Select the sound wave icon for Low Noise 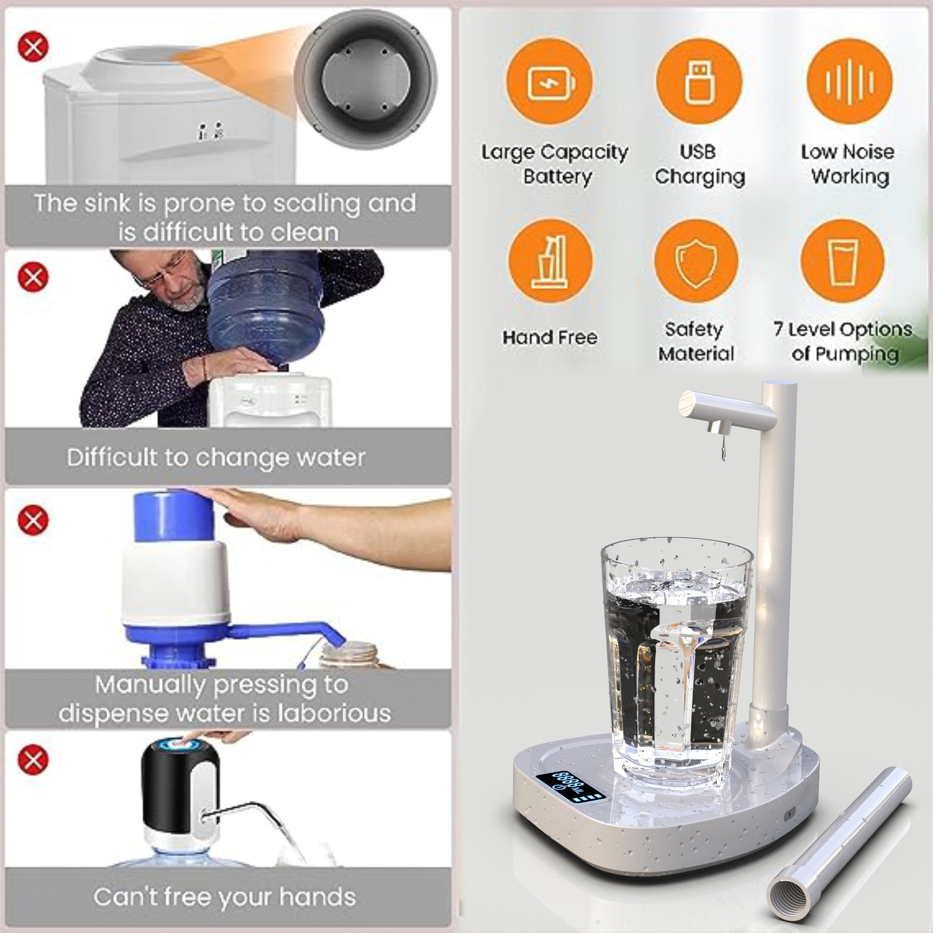point(849,81)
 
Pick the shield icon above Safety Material point(696,262)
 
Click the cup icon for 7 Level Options point(842,262)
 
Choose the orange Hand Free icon point(550,262)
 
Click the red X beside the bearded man point(33,277)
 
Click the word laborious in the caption point(333,713)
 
